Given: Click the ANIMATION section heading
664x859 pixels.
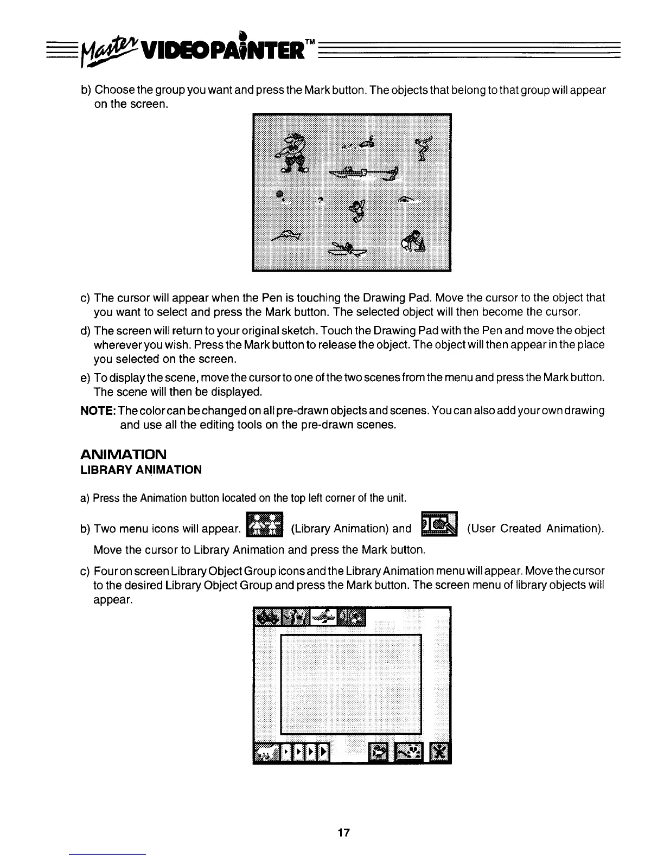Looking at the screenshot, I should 123,453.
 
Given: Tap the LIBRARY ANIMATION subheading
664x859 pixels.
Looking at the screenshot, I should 141,470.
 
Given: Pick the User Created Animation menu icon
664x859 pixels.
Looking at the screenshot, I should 439,525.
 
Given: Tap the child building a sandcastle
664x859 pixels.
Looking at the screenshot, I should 413,241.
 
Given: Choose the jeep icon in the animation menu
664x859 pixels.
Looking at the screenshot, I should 267,617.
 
